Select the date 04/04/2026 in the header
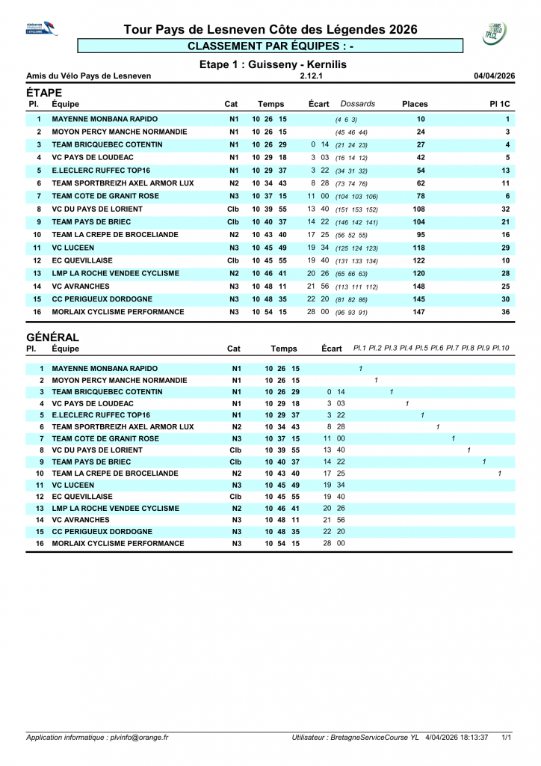pos(494,76)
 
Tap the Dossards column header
pos(358,104)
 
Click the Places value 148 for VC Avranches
pos(421,287)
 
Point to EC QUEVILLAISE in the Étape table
pos(82,260)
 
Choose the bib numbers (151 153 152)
pos(356,209)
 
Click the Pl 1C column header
pos(499,104)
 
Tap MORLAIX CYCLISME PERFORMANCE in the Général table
pos(118,544)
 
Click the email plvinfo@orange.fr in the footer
pos(138,738)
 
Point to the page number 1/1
pos(507,738)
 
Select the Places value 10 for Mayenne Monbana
pos(421,119)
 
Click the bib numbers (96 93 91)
pos(351,312)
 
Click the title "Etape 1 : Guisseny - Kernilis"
pos(273,64)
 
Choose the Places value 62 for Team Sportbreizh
pos(421,183)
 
